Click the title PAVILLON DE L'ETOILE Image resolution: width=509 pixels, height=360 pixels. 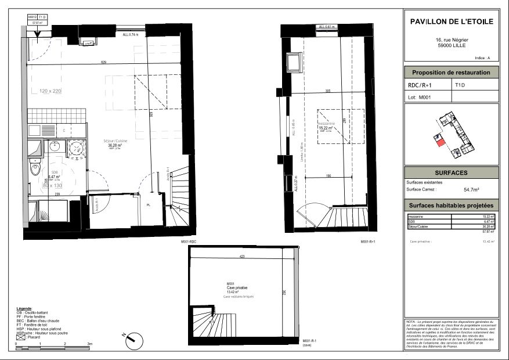pos(451,21)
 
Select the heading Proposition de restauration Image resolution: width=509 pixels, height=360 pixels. pos(451,73)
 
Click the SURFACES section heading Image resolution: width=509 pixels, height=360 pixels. pos(451,173)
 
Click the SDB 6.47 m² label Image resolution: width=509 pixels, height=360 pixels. pos(54,175)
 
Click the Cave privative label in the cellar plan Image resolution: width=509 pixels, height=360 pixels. pos(237,287)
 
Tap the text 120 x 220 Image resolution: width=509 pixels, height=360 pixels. pos(50,91)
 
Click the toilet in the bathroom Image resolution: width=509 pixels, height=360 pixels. pos(35,169)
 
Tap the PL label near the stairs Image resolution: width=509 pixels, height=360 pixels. pos(149,206)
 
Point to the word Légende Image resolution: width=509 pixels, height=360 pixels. pos(24,308)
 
